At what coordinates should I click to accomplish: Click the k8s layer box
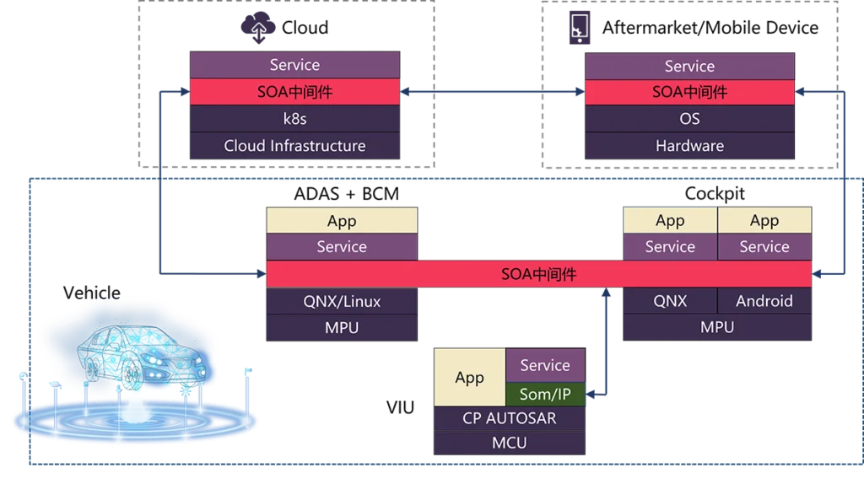point(294,119)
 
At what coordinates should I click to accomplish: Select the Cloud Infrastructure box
point(294,146)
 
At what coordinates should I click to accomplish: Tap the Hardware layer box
point(689,146)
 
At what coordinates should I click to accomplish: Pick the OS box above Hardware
point(689,119)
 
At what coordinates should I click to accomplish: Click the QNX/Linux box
point(342,301)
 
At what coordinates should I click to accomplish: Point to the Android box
point(764,301)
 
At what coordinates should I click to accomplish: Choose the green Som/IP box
point(545,393)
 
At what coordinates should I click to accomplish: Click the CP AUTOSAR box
point(509,418)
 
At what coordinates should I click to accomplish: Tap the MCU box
point(509,443)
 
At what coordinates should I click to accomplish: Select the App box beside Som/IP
point(469,378)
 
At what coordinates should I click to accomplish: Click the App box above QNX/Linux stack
point(342,221)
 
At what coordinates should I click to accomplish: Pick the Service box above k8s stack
point(294,65)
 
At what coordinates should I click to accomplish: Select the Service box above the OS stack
point(689,66)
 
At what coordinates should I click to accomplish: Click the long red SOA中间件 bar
point(539,274)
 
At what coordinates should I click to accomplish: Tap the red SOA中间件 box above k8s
point(294,92)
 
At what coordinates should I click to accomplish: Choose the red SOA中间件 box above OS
point(689,92)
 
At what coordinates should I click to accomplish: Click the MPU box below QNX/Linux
point(342,327)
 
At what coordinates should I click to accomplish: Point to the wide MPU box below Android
point(717,327)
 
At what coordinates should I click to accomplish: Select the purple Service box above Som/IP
point(545,365)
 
